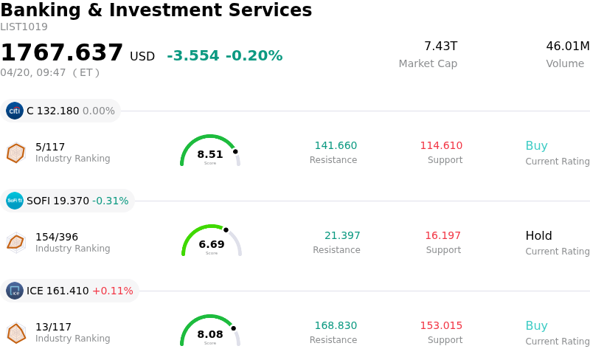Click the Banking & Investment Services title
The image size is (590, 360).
[156, 10]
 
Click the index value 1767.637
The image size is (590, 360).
[62, 53]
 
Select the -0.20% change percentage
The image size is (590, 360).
[254, 56]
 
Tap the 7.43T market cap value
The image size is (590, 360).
[440, 46]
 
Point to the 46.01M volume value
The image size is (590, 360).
[567, 46]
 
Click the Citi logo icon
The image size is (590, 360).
[15, 111]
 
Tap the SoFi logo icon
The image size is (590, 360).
[15, 201]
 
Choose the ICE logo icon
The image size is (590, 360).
[15, 291]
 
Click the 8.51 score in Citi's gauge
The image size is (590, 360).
[210, 154]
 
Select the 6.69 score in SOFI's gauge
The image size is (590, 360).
[212, 244]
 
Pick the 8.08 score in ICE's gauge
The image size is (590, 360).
[210, 334]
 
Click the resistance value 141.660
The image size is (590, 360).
[336, 145]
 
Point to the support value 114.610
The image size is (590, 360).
[441, 145]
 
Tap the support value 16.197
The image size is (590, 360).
[442, 235]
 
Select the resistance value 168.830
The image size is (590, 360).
[336, 325]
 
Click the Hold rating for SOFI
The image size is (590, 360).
[538, 236]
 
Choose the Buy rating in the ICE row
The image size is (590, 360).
[536, 326]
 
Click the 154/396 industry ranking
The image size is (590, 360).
[57, 237]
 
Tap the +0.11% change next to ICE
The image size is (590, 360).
[112, 291]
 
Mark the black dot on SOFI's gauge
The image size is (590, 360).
[226, 229]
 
